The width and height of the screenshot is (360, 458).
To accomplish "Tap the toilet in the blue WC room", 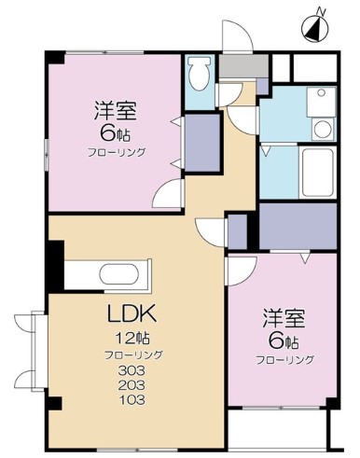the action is click(200, 73).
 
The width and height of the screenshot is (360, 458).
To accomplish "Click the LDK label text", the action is click(132, 313).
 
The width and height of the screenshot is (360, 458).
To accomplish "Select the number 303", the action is click(132, 370).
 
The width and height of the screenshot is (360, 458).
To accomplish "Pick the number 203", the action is click(132, 385).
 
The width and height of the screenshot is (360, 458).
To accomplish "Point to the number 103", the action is click(132, 399).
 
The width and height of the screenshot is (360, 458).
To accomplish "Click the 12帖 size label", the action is click(132, 339).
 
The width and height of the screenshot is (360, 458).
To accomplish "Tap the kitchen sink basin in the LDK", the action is click(119, 273).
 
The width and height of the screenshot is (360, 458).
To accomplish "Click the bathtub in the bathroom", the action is click(317, 172).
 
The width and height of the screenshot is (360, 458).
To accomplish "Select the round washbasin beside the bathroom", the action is click(322, 129).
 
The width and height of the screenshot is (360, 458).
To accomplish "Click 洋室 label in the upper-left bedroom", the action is click(116, 111).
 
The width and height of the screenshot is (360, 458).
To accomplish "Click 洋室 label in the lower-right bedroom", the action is click(284, 318).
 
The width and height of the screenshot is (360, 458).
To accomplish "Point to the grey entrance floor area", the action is click(243, 66).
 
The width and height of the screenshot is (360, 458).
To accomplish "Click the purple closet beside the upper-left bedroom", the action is click(202, 143).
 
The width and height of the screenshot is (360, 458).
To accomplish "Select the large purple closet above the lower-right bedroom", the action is click(298, 226).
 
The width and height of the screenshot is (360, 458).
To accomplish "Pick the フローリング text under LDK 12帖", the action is click(133, 354).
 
